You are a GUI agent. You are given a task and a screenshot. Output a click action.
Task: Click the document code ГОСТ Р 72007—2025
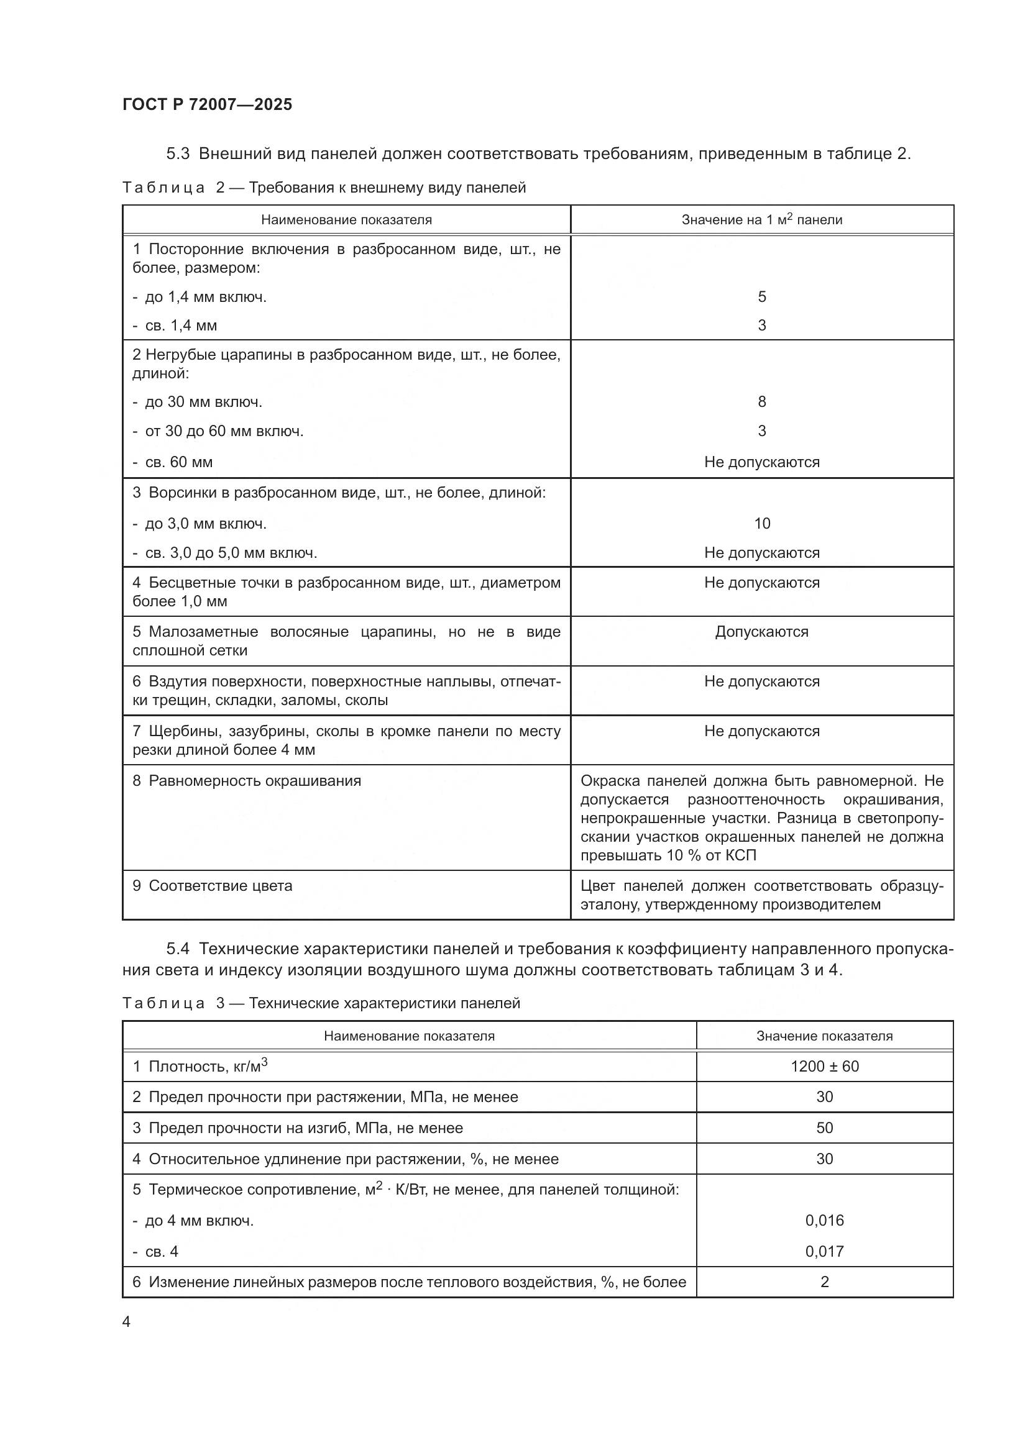207,104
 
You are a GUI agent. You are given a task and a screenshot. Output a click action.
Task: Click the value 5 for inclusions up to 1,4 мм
761,297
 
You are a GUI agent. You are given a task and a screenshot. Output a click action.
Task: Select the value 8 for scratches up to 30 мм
761,402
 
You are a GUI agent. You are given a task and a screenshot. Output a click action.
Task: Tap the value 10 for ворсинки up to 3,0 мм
762,523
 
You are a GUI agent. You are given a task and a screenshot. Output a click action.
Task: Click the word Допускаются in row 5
761,632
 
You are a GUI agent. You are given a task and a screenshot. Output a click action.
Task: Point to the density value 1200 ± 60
824,1067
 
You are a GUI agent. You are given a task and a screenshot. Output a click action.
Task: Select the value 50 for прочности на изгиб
824,1127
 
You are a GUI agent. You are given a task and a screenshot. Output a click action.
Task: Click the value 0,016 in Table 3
824,1220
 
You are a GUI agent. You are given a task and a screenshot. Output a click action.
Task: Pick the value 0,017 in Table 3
824,1251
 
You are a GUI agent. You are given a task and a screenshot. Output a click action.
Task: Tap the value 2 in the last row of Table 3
824,1282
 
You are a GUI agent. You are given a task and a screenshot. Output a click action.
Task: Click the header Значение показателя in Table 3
824,1036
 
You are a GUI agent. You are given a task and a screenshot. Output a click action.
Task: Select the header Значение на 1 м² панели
761,219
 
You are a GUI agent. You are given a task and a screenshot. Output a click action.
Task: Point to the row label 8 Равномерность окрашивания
247,781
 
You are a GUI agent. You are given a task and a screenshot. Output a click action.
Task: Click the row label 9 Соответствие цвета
213,885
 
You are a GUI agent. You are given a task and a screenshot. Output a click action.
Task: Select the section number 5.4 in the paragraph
178,949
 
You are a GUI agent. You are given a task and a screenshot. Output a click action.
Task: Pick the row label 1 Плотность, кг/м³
200,1067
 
